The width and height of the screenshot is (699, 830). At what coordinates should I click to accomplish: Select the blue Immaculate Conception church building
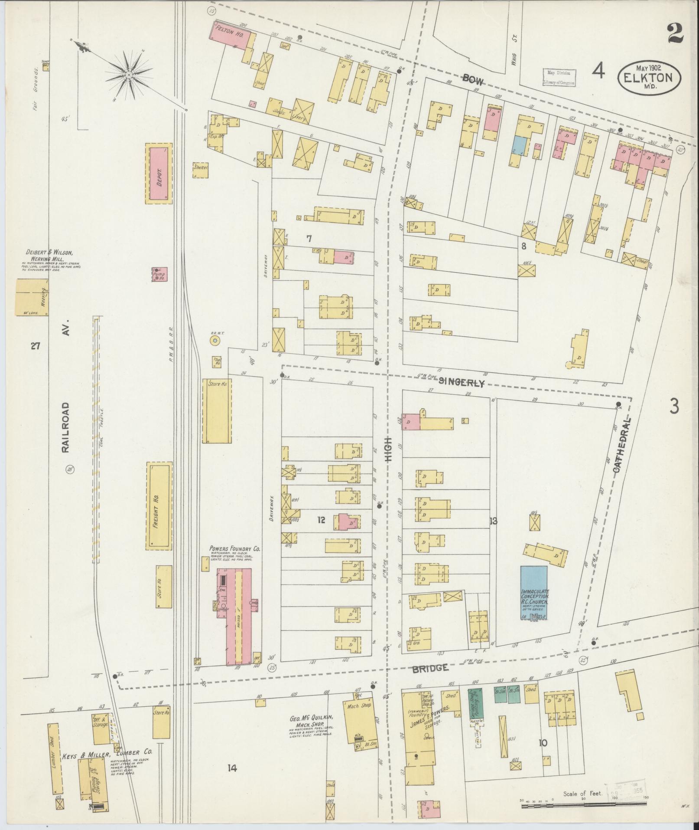tap(533, 592)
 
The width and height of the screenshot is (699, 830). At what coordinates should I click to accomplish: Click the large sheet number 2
tap(676, 33)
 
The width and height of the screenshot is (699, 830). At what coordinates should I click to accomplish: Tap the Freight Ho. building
tap(159, 506)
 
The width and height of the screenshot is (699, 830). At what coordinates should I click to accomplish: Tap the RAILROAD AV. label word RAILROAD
tap(65, 427)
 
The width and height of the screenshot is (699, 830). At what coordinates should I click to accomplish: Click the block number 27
tap(36, 346)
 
